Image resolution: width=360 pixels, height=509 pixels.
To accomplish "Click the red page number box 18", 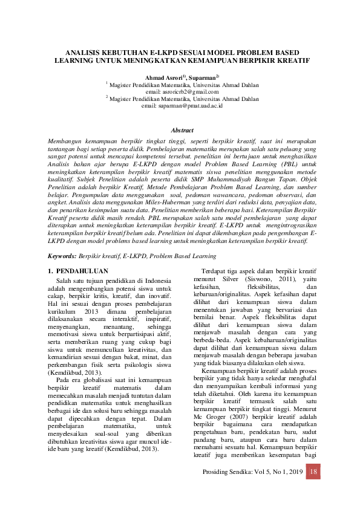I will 313,471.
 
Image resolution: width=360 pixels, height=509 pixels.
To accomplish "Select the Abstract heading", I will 182,130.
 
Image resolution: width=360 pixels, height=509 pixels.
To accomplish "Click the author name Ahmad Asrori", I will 164,78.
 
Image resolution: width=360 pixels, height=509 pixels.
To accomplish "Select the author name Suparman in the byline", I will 202,78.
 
